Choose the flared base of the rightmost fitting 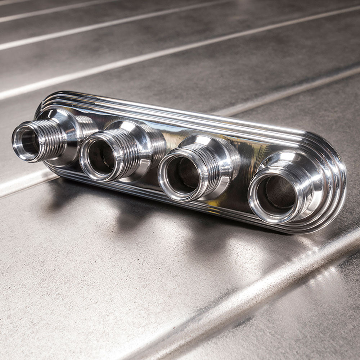coord(313,169)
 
